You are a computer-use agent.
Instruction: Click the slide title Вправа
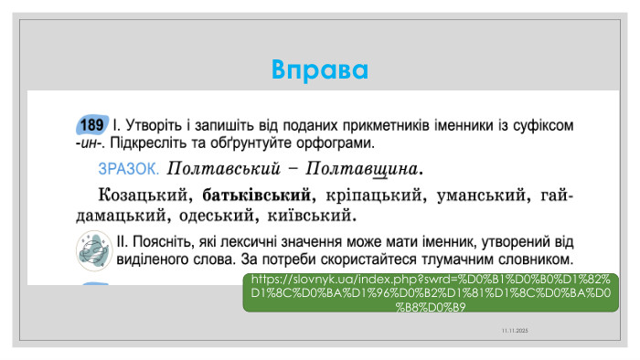(320, 69)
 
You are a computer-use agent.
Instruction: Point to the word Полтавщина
(366, 169)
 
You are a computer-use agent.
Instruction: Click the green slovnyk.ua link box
(431, 292)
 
